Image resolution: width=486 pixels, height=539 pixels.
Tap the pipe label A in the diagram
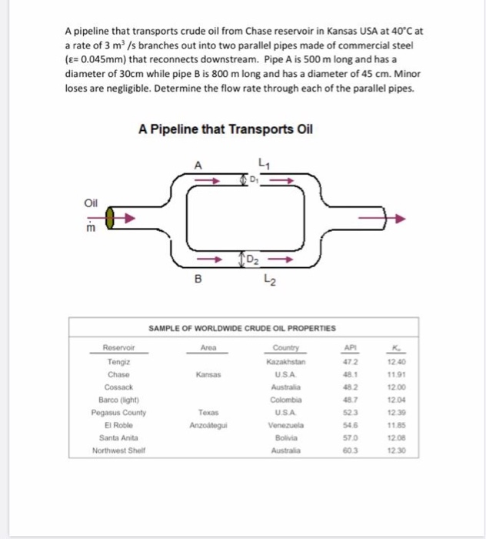pos(199,164)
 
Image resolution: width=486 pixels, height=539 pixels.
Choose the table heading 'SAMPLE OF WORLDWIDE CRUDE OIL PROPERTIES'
pos(241,328)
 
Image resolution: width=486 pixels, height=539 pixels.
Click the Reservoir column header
pos(118,349)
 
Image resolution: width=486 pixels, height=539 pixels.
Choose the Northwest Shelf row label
pos(118,450)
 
